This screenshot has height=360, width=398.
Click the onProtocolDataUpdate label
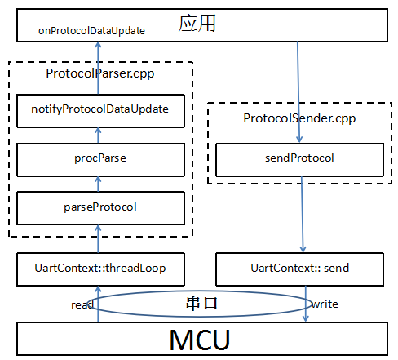tap(91, 31)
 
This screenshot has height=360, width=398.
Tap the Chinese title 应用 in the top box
tap(197, 23)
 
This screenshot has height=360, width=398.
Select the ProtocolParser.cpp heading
tap(100, 73)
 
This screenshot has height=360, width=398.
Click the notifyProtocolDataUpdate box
tap(100, 111)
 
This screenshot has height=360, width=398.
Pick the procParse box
tap(100, 160)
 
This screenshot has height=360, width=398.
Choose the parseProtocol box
tap(100, 208)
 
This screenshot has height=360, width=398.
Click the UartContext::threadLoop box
tap(100, 269)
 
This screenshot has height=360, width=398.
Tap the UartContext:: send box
tap(299, 269)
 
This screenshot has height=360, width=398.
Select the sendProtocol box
tap(299, 160)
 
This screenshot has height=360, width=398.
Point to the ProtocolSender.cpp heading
tap(299, 118)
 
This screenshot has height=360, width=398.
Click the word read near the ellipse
tap(82, 304)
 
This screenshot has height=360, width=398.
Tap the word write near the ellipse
tap(325, 304)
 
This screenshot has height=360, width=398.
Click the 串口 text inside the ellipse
tap(201, 304)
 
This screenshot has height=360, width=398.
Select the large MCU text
tap(200, 340)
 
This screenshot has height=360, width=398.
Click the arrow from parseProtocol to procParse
tap(98, 184)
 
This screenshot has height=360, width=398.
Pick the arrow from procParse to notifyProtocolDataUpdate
tap(98, 136)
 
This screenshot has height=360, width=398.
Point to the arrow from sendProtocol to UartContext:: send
tap(303, 215)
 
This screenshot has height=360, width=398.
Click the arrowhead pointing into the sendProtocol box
tap(299, 140)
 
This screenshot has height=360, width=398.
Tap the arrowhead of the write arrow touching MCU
tap(306, 318)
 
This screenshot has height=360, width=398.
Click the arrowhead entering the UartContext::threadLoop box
tap(98, 290)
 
